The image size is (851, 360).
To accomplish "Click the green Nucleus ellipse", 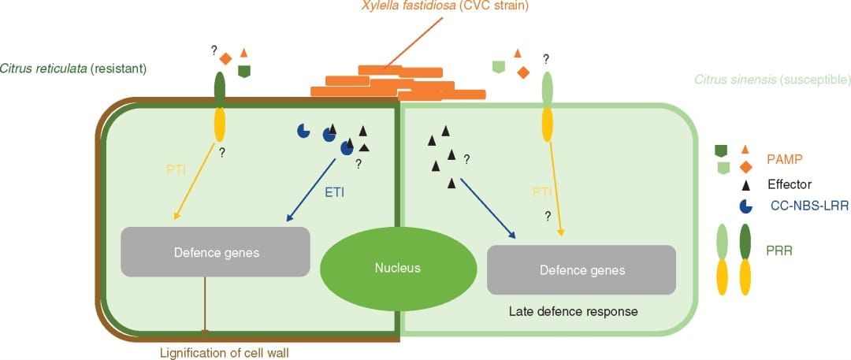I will point(397,269).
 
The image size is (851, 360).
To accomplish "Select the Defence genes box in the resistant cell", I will point(214,252).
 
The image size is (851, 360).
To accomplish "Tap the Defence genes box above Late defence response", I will point(582,270).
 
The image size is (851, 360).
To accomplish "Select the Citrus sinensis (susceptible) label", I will point(771,80).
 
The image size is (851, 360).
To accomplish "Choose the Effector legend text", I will point(790,184).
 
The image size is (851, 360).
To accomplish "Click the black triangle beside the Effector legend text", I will point(744,184).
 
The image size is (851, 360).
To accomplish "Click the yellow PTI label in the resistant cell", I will point(177,167).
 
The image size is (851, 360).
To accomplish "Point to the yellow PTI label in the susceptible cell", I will point(541,191).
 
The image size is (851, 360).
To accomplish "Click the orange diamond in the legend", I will point(744,165).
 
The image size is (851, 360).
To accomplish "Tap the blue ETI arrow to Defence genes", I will point(307,190).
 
